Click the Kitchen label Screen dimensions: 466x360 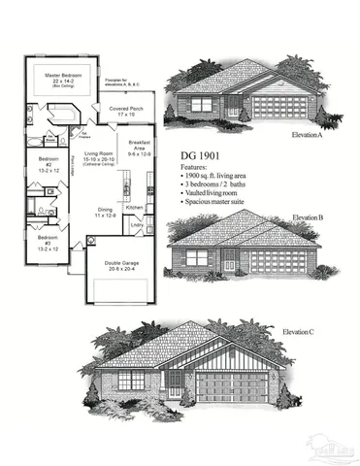135,208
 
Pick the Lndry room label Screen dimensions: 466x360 136,226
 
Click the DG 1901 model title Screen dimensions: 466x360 201,155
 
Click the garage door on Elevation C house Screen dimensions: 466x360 233,386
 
